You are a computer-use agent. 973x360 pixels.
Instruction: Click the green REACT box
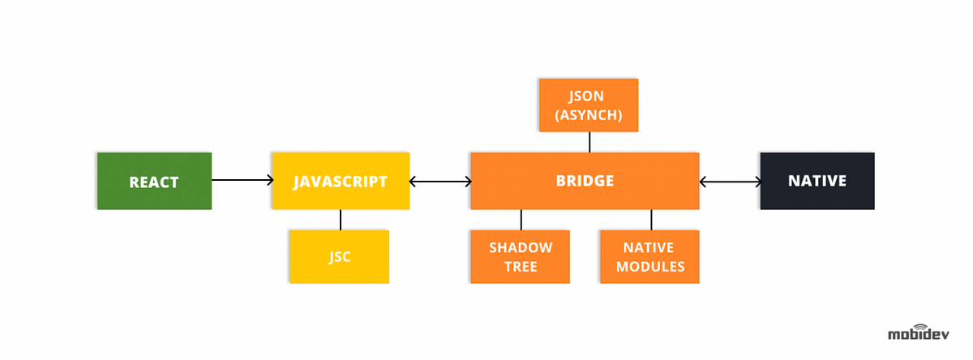click(154, 181)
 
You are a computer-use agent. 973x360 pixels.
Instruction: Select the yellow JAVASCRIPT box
click(341, 181)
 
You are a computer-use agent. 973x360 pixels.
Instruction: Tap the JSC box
click(340, 257)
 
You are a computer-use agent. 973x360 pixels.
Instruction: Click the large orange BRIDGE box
click(585, 181)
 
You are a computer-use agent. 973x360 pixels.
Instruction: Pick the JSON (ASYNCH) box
click(589, 105)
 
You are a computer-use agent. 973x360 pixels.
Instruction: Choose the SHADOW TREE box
click(520, 257)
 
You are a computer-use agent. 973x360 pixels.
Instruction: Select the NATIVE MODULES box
click(649, 257)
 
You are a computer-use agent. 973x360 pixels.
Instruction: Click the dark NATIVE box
click(817, 181)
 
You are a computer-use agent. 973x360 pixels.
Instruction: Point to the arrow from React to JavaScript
click(242, 181)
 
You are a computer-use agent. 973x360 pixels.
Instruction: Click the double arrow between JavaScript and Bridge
click(440, 181)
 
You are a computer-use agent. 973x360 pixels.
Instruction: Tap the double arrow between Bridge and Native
click(730, 181)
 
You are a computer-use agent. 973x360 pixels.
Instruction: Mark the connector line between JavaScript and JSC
click(341, 220)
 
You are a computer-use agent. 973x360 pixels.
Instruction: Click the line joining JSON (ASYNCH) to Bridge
click(589, 142)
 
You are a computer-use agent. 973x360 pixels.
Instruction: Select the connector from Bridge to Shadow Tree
click(521, 220)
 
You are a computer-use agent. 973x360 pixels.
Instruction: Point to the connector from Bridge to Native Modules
click(651, 220)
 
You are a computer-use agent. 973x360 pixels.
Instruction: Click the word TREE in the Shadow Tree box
click(520, 267)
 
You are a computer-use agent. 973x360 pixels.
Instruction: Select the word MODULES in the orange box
click(649, 267)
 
